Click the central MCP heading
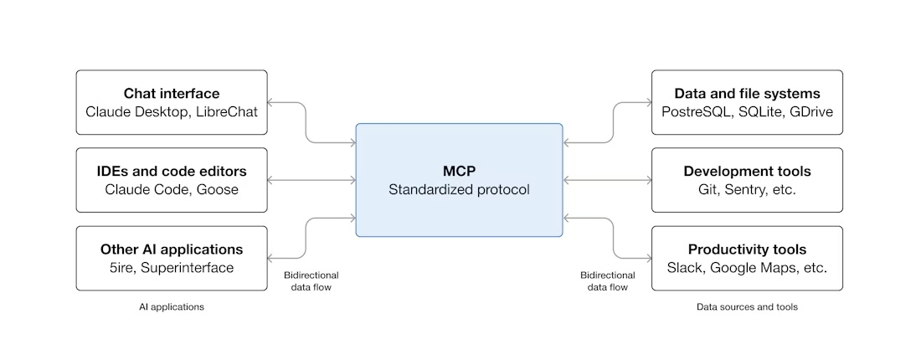[x=459, y=171]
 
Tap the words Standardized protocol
[x=459, y=190]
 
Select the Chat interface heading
[x=172, y=93]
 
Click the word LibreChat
[x=227, y=111]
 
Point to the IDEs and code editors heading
[x=172, y=172]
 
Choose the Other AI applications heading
[x=172, y=249]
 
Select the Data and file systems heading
[x=747, y=93]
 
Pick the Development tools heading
[x=747, y=172]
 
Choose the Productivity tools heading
[x=747, y=249]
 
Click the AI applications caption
[x=172, y=307]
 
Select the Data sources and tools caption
[x=747, y=307]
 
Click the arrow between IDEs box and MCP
[x=311, y=180]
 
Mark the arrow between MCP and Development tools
[x=607, y=180]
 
